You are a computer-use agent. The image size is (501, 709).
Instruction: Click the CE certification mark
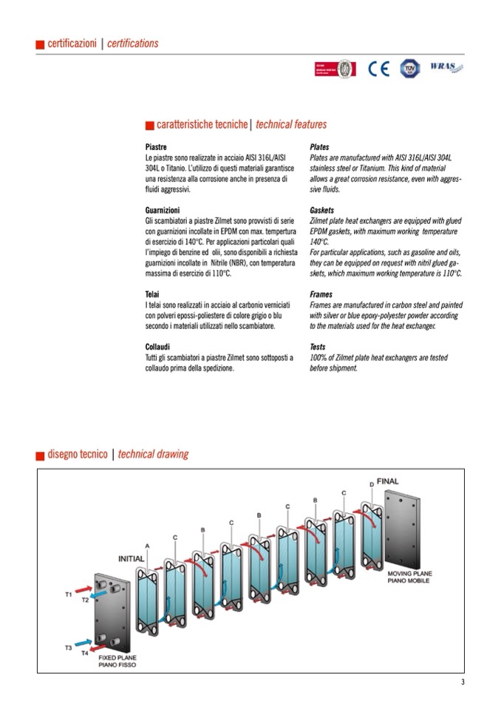coord(378,69)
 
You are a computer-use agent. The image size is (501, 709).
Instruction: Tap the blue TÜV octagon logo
coord(409,69)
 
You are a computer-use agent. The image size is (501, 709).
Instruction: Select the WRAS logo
coord(443,68)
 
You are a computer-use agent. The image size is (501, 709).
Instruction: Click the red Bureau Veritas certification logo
coord(333,69)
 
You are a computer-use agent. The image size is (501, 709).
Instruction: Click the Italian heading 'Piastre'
coord(156,147)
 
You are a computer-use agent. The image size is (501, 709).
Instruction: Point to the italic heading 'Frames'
coord(321,294)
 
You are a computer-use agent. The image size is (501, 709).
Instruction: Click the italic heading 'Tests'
coord(318,346)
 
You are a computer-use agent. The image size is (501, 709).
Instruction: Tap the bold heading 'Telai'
coord(154,294)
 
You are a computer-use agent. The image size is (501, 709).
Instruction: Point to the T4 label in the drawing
coord(84,654)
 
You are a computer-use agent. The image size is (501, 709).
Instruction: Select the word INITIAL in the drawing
coord(131,558)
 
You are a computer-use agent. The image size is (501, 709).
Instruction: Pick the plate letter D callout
coord(371,484)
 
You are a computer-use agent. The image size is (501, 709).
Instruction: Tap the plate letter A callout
coord(147,546)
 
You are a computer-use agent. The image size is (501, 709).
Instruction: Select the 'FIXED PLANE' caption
coord(117,657)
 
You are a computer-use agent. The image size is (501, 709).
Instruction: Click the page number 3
coord(463,682)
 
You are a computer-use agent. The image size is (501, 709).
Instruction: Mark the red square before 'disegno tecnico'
coord(40,455)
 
